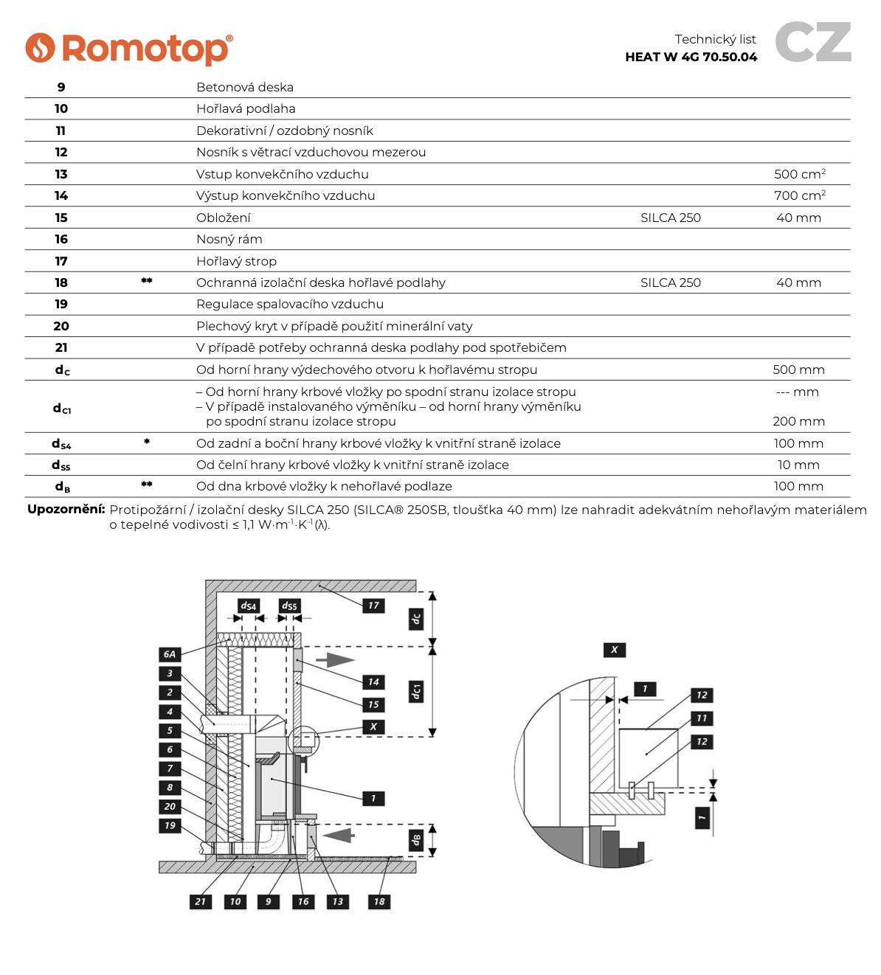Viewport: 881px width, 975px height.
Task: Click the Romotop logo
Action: point(129,49)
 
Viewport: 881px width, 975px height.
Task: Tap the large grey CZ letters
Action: point(813,43)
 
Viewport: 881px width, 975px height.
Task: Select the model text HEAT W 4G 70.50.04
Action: point(691,58)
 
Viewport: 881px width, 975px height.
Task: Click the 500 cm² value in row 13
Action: point(800,174)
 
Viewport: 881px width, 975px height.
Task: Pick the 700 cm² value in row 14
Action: point(800,195)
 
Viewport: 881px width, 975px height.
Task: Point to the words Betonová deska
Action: point(245,87)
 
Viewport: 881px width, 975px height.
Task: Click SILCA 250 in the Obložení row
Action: point(670,218)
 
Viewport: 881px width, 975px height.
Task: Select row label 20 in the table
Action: point(61,326)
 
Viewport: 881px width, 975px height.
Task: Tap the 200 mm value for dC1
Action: point(798,421)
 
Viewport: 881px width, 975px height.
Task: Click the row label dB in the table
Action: point(63,487)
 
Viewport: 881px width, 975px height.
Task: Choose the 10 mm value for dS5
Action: point(798,465)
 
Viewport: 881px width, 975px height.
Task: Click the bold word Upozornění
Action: point(66,509)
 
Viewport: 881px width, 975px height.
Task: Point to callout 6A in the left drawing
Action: point(170,654)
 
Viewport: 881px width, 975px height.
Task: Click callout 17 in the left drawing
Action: point(373,606)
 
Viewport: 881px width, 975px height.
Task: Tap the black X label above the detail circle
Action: point(614,650)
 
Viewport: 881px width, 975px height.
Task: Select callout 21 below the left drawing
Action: point(200,901)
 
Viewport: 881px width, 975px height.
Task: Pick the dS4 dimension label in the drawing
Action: point(249,606)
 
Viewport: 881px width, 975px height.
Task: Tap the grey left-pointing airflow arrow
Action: point(339,836)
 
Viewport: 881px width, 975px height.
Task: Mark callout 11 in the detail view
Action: point(701,718)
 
